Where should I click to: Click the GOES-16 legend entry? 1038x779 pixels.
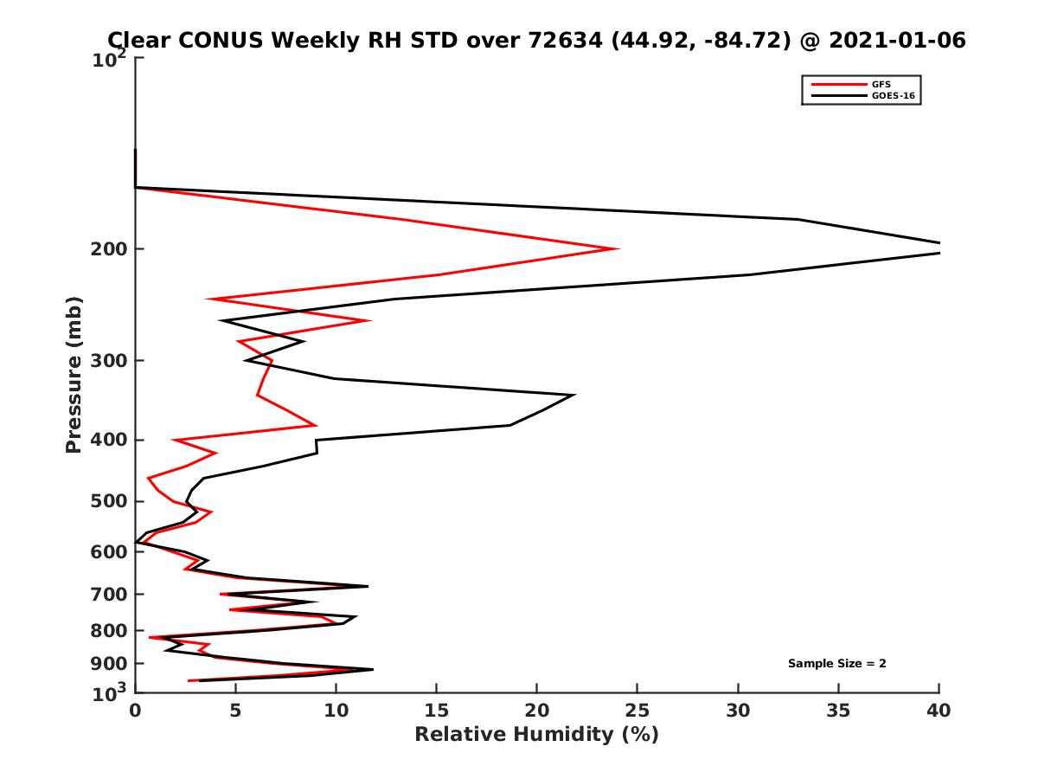[x=892, y=95]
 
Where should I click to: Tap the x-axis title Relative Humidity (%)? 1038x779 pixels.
[x=536, y=735]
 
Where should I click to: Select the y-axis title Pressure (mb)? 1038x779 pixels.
[x=74, y=374]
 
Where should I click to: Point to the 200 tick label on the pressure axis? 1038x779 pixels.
[x=110, y=249]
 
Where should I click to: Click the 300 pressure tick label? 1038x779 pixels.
[x=110, y=361]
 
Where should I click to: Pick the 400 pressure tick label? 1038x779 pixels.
[x=110, y=440]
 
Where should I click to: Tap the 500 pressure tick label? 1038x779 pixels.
[x=110, y=501]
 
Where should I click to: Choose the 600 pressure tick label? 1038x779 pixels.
[x=110, y=551]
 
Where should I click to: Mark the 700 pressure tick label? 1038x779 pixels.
[x=110, y=594]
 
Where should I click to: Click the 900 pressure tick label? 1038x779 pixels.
[x=110, y=664]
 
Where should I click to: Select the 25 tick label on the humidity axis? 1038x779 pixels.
[x=638, y=711]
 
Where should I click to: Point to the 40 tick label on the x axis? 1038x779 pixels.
[x=939, y=711]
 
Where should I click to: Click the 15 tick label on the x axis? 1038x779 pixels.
[x=436, y=711]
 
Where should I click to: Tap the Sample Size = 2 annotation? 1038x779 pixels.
[x=836, y=664]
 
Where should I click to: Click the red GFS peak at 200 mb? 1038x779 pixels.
[x=617, y=249]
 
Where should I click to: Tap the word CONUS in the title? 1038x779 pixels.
[x=220, y=40]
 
